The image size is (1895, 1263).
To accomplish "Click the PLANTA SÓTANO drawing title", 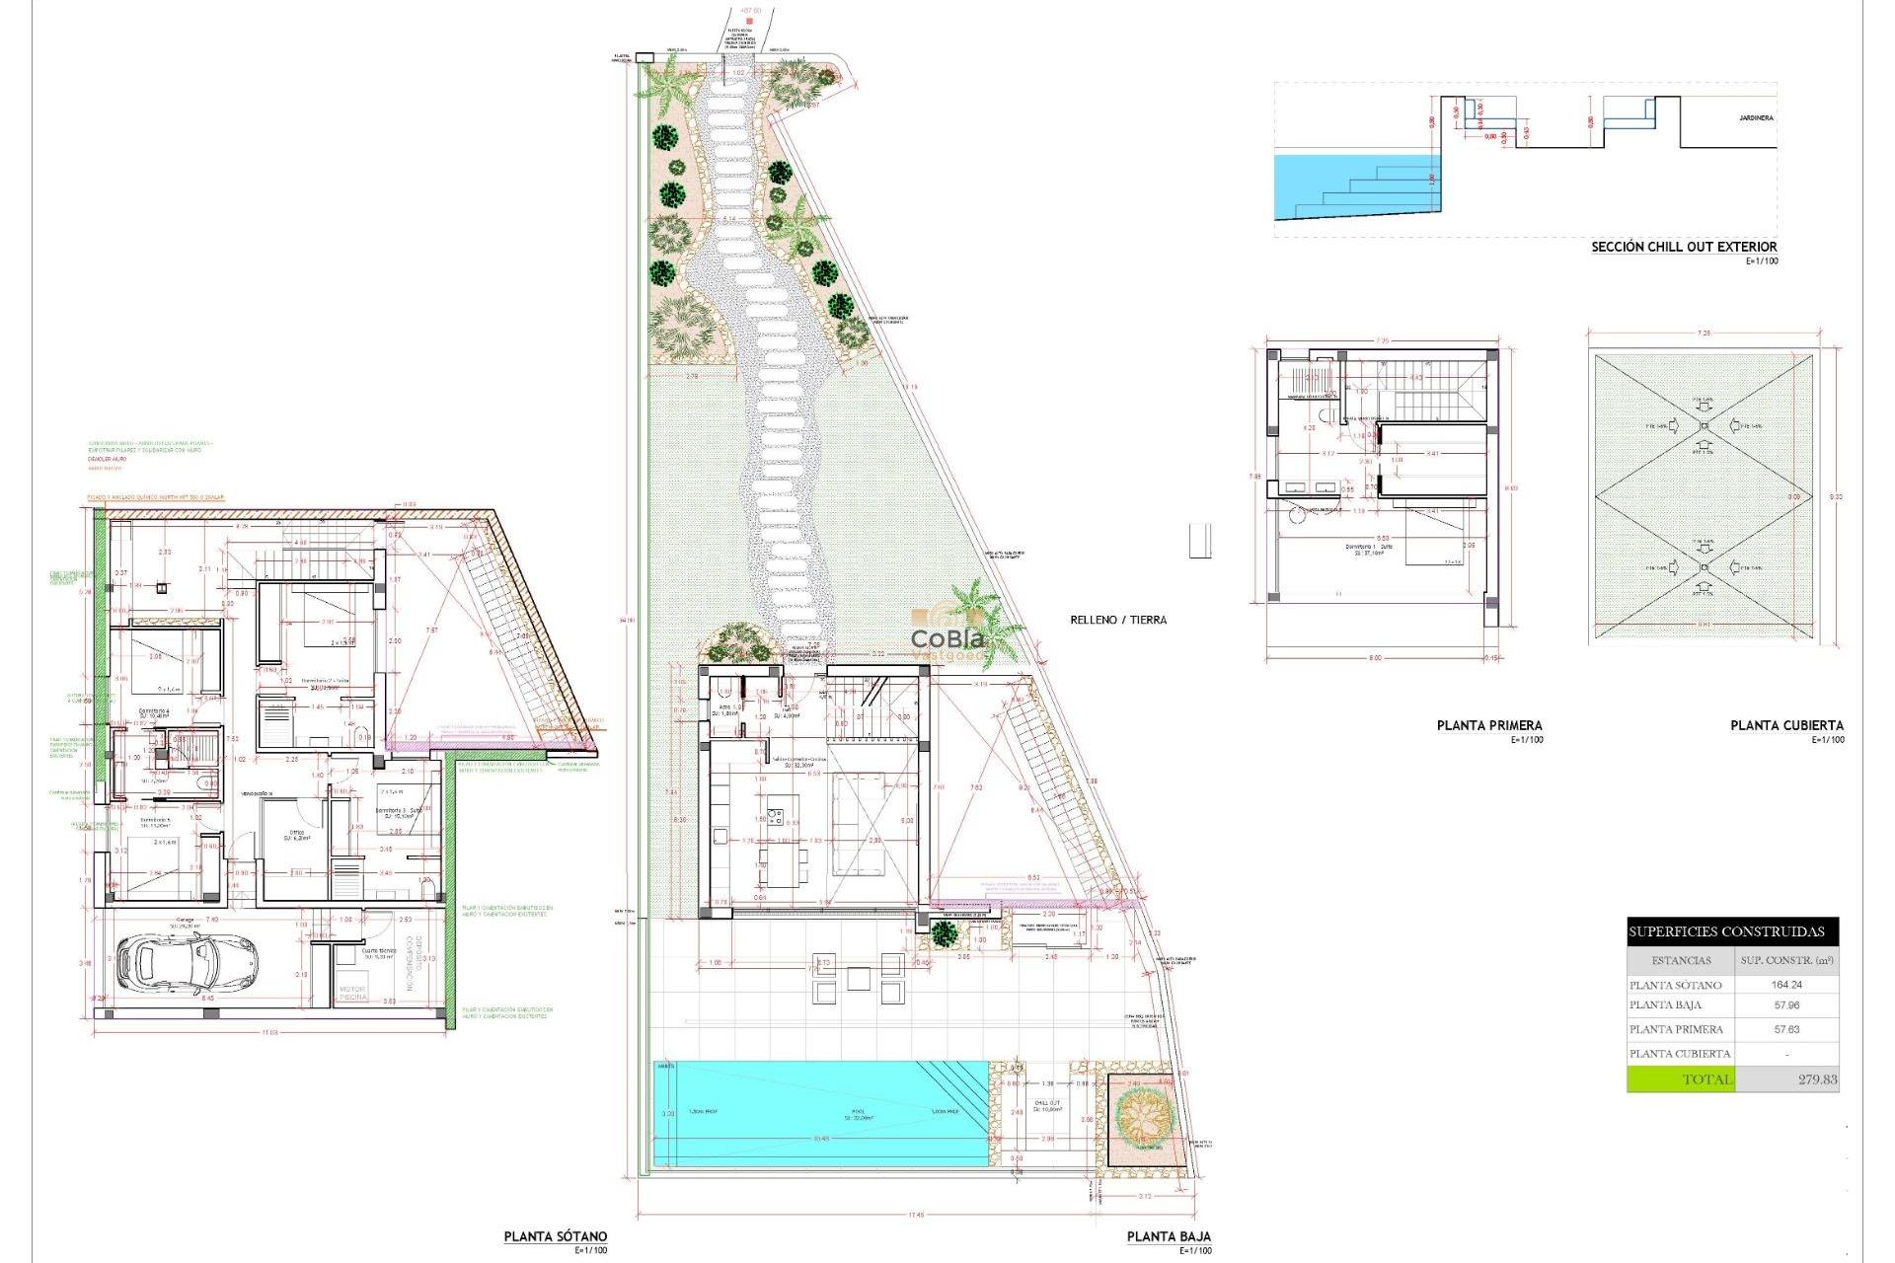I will point(555,1236).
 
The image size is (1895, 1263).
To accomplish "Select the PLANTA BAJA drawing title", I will point(1169,1236).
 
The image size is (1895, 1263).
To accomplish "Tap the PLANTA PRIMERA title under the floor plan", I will point(1488,725).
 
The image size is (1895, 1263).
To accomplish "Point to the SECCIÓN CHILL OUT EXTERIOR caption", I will point(1683,247).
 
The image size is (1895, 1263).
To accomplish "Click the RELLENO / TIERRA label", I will point(1118,620).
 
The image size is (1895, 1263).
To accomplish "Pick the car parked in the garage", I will point(187,962).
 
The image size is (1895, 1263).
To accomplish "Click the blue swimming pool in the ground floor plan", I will point(819,1113).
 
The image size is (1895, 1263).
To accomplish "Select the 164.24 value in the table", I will point(1786,985).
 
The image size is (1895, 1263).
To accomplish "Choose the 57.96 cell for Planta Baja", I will point(1786,1005).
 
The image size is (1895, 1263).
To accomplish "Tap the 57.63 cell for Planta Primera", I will point(1786,1029).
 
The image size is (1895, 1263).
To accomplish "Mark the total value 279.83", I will point(1817,1079).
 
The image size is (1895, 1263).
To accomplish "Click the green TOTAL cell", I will point(1681,1079).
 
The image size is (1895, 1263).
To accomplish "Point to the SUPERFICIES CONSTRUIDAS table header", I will point(1726,931).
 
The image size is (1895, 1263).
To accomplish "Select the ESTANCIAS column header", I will point(1681,960).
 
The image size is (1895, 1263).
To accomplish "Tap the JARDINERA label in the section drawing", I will point(1756,118).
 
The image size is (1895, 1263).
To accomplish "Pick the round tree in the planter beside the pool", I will point(1143,1116).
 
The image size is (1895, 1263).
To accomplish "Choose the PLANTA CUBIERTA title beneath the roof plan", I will point(1786,725).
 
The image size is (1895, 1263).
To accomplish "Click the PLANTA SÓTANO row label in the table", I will point(1675,985).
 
